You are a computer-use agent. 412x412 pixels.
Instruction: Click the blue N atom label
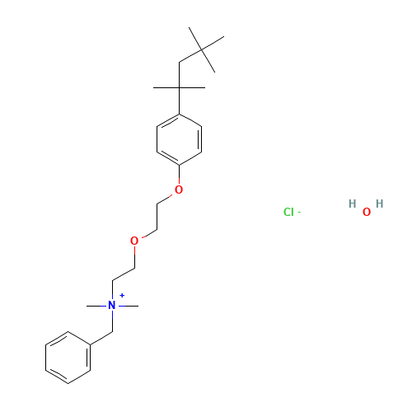pos(112,306)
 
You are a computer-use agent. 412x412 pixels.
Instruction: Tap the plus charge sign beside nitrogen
pos(122,296)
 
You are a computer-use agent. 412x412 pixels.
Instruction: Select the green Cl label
pos(288,212)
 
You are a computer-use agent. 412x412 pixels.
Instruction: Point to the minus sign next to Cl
pos(299,212)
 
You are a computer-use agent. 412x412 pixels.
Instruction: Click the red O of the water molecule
pos(367,212)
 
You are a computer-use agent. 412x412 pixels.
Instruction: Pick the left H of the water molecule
pos(353,204)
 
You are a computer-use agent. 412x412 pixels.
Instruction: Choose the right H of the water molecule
pos(380,204)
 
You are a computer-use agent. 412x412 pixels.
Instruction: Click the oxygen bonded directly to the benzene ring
pos(179,190)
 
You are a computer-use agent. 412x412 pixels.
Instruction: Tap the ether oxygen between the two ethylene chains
pos(134,241)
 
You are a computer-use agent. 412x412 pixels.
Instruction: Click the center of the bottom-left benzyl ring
pos(68,358)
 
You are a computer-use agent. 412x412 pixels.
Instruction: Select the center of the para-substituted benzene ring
pos(179,139)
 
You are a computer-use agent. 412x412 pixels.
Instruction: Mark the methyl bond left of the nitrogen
pos(97,306)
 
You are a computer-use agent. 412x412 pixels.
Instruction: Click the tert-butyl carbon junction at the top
pos(202,49)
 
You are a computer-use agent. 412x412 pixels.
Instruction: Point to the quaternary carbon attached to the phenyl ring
pos(179,88)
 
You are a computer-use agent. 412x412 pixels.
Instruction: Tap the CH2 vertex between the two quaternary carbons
pos(179,63)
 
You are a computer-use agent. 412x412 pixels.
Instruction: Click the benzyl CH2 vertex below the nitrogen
pos(112,332)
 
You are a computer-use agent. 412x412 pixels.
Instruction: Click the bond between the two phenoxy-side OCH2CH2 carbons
pos(157,217)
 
